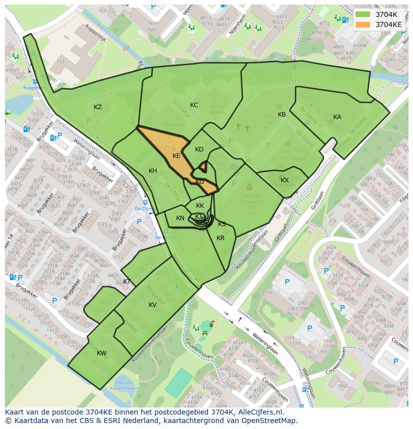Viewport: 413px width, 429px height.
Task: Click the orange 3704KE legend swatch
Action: tap(363, 24)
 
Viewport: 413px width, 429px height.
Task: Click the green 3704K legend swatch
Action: tap(363, 14)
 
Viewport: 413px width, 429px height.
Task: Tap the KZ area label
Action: tap(98, 107)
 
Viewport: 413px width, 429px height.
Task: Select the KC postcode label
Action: tap(194, 105)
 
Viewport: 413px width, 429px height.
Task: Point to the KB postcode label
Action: tap(282, 115)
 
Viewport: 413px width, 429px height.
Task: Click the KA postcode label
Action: tap(337, 117)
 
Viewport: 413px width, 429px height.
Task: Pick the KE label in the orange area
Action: tap(177, 156)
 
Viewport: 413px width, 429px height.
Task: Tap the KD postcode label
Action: tap(199, 149)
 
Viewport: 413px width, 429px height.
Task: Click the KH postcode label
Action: tap(153, 171)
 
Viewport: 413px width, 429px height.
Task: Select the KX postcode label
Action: tap(285, 180)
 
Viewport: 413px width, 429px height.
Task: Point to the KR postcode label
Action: tap(220, 238)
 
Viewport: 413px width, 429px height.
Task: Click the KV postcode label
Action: tap(153, 305)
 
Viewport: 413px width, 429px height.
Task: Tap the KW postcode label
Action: tap(102, 353)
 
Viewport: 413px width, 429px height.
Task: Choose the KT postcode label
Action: tap(127, 282)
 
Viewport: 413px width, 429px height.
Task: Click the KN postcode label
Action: tap(180, 218)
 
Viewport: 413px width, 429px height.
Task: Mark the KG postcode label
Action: tap(200, 182)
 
